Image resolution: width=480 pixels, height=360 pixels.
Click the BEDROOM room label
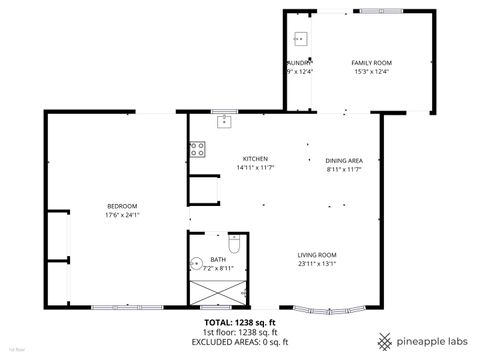coord(121,206)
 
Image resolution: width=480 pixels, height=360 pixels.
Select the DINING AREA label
coord(343,160)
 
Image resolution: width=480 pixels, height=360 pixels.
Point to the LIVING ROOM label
coord(316,255)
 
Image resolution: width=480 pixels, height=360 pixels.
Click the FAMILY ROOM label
coord(371,62)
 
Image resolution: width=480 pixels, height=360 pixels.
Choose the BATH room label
coord(217,260)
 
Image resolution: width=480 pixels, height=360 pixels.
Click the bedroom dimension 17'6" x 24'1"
coord(121,215)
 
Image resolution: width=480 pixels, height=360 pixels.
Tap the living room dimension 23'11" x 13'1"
coord(316,264)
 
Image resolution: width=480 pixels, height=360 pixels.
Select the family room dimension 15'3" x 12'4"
coord(371,71)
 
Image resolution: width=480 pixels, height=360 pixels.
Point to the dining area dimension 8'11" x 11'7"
coord(343,169)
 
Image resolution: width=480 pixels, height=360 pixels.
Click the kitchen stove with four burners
coord(198,150)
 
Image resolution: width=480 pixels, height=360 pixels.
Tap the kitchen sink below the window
coord(225,122)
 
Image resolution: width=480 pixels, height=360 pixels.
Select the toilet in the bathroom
coord(235,245)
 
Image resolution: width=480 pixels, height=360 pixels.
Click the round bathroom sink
coord(196,265)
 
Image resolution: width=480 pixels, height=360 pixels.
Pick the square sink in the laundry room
coord(300,40)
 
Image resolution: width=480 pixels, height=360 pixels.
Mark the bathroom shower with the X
coord(216,291)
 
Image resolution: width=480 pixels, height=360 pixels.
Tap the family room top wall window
coord(381,11)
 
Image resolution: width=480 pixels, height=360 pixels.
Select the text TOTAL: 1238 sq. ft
coord(240,323)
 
